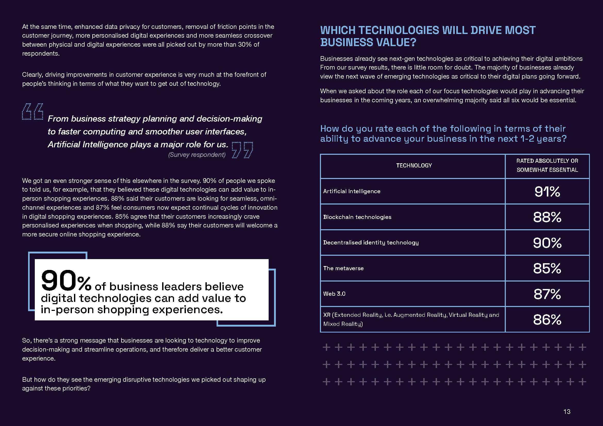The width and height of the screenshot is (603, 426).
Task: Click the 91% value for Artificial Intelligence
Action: [x=547, y=191]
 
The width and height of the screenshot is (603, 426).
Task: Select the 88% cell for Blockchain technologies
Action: [x=547, y=217]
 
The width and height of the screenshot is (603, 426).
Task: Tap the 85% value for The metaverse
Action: [x=547, y=268]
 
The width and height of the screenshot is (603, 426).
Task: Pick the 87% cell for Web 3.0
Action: [x=547, y=294]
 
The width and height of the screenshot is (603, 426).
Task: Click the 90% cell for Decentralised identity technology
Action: [x=547, y=243]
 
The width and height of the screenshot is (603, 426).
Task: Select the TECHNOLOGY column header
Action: [x=414, y=166]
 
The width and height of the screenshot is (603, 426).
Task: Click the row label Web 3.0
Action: [x=334, y=294]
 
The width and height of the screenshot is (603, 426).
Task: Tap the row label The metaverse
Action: [x=343, y=268]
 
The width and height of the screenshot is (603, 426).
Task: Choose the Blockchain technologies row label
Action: [x=357, y=217]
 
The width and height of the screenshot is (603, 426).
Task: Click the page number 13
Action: [x=567, y=412]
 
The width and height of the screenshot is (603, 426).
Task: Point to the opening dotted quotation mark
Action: [x=32, y=112]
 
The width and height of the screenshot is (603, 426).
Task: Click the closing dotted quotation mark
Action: [x=242, y=150]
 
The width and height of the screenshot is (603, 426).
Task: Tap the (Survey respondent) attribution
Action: [x=197, y=155]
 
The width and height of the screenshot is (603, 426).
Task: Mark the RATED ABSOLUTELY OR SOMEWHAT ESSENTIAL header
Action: [x=547, y=165]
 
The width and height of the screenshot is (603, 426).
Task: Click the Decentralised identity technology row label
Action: [x=371, y=243]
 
